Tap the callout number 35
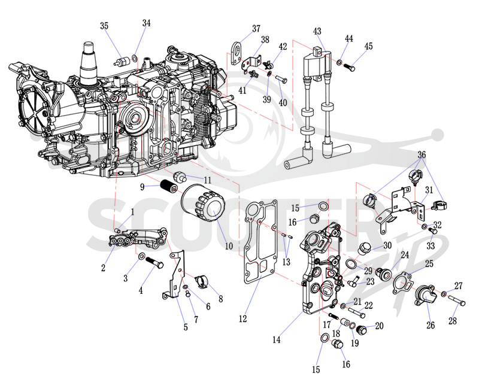pos(104,26)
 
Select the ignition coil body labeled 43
pos(317,65)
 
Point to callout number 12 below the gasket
pos(243,319)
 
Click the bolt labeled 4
pos(155,263)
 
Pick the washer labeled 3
pos(142,256)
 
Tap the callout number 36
pos(422,154)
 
